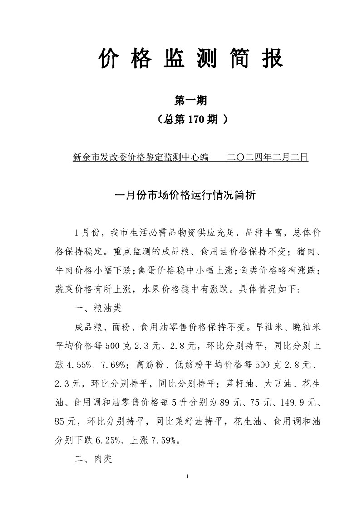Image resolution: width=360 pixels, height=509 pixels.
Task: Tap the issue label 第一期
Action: (191, 101)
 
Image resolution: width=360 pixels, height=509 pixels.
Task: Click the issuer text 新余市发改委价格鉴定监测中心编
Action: (140, 157)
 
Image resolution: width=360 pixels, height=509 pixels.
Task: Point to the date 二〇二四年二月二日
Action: (267, 157)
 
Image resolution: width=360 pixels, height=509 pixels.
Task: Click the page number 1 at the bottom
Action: (187, 477)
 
